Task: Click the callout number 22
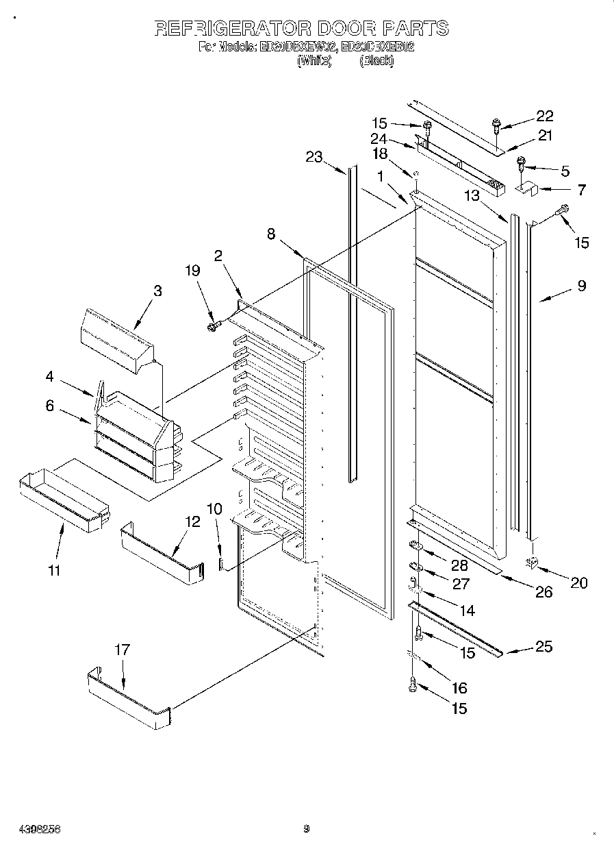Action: (x=544, y=116)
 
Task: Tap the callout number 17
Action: (x=122, y=650)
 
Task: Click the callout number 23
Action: (x=314, y=158)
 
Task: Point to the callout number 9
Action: (x=581, y=286)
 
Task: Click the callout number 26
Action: (x=543, y=591)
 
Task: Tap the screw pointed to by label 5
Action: (x=520, y=164)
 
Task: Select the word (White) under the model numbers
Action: (x=314, y=61)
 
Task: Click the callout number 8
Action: (x=272, y=234)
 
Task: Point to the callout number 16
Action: (x=459, y=687)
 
